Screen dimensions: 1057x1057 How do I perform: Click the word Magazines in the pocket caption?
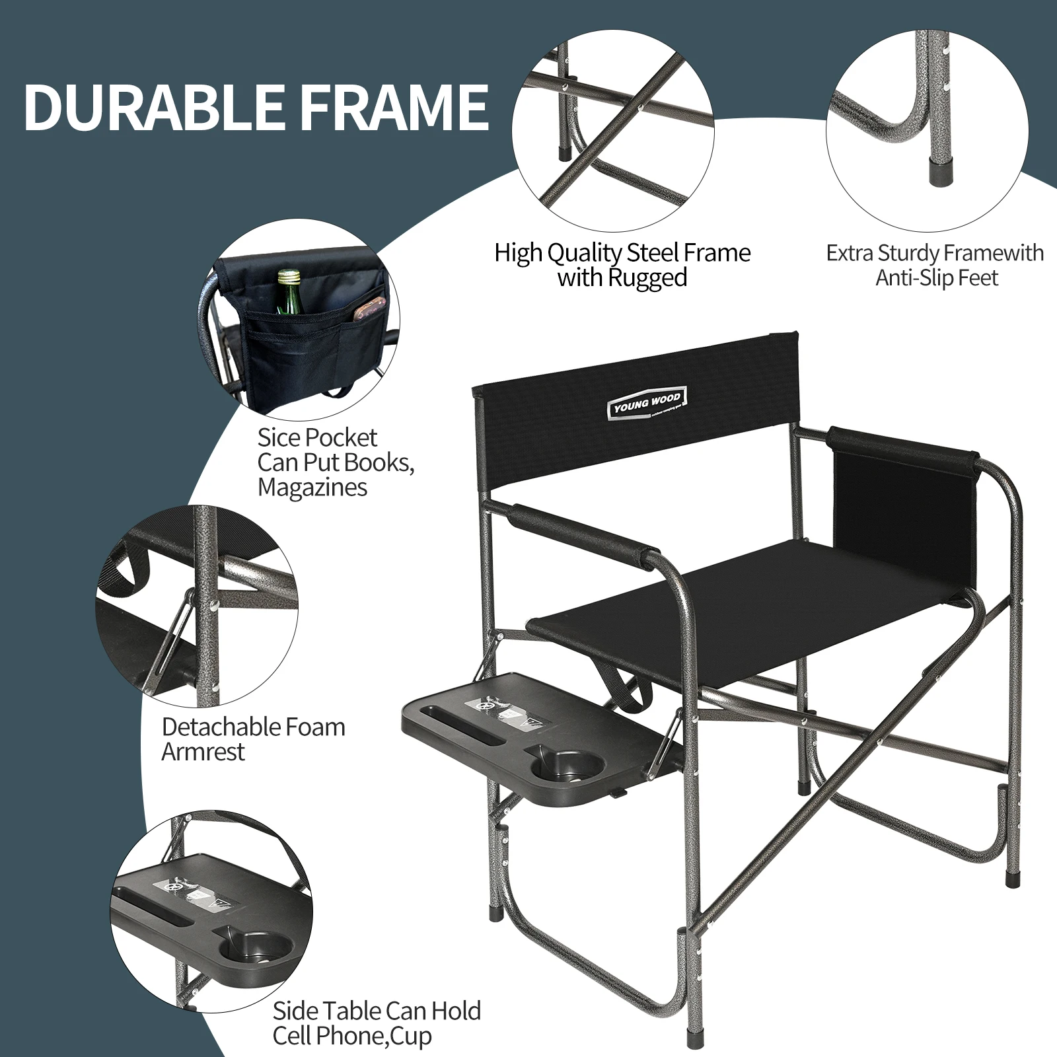click(312, 488)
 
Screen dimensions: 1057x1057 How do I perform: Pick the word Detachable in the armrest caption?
click(216, 727)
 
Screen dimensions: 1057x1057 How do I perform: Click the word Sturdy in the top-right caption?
click(907, 253)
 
